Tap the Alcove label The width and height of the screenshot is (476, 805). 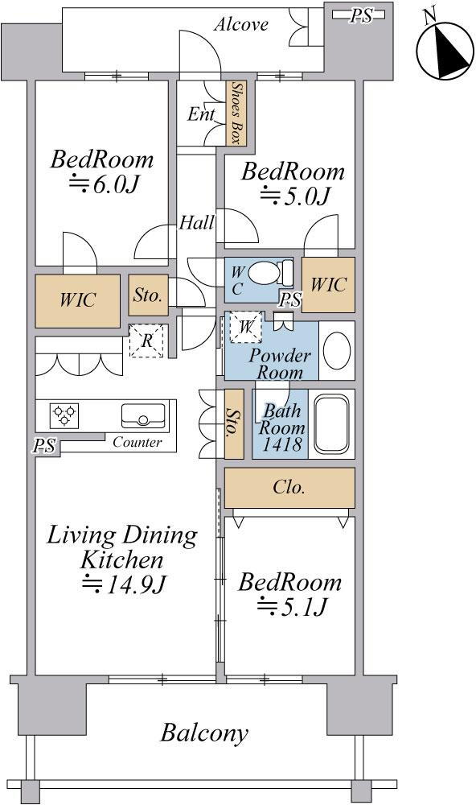pos(241,24)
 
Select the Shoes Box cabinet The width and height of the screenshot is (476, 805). pos(236,113)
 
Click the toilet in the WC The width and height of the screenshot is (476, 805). pos(270,272)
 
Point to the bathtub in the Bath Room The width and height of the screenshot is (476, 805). pos(331,423)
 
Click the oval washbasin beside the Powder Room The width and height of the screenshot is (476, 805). pos(337,350)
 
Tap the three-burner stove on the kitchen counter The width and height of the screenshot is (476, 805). pos(64,415)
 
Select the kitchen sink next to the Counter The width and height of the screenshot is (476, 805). pos(143,415)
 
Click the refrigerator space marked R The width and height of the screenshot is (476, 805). pos(146,341)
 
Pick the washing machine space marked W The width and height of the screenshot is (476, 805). pos(246,327)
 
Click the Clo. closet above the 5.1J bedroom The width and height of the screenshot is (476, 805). pos(289,488)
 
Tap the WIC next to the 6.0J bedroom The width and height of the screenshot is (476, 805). pos(77,300)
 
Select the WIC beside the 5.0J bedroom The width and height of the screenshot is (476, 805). pos(328,284)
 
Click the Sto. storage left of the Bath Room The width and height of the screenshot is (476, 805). pos(234,423)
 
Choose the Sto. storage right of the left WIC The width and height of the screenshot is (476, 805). pos(148,295)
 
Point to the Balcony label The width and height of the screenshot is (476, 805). pos(204,733)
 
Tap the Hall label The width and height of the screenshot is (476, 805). pos(196,223)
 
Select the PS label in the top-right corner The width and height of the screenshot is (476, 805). pos(360,16)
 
